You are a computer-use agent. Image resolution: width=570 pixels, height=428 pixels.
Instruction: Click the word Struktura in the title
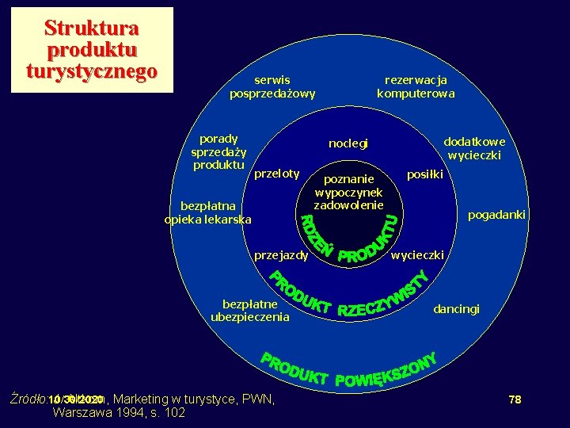pyautogui.click(x=92, y=28)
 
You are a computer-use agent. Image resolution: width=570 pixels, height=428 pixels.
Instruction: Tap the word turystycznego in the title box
pyautogui.click(x=92, y=71)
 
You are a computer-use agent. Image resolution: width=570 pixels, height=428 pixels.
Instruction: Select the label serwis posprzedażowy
pyautogui.click(x=272, y=86)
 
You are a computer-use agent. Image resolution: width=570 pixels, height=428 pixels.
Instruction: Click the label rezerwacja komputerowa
pyautogui.click(x=416, y=86)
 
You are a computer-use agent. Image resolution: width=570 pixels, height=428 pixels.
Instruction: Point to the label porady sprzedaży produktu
pyautogui.click(x=218, y=151)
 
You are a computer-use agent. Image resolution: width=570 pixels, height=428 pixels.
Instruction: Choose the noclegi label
pyautogui.click(x=348, y=143)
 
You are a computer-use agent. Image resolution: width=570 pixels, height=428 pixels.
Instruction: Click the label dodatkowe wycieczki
pyautogui.click(x=474, y=148)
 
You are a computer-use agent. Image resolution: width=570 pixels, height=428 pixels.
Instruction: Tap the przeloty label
pyautogui.click(x=276, y=174)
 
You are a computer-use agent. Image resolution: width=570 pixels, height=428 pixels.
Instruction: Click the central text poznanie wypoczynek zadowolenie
pyautogui.click(x=348, y=193)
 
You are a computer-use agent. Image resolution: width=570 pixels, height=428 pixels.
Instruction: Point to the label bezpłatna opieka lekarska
pyautogui.click(x=207, y=213)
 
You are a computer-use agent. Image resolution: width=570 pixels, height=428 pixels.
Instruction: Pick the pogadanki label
pyautogui.click(x=496, y=215)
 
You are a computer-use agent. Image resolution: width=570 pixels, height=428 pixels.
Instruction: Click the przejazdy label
pyautogui.click(x=280, y=255)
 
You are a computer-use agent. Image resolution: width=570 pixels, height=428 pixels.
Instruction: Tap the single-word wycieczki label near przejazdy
pyautogui.click(x=419, y=255)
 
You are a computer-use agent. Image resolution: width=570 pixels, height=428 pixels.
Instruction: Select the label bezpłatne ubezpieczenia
pyautogui.click(x=250, y=311)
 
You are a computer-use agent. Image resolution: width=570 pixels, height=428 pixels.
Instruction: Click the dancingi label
pyautogui.click(x=456, y=308)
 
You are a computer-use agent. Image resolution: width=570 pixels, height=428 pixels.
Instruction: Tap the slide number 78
pyautogui.click(x=515, y=399)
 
